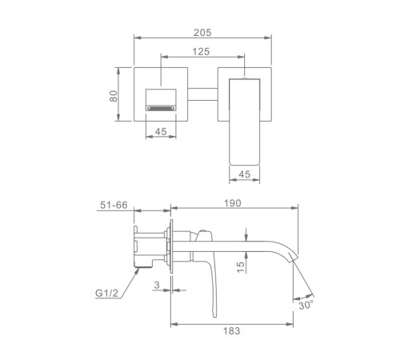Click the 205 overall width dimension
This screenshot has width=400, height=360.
(x=202, y=33)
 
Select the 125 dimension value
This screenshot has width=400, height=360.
(x=201, y=51)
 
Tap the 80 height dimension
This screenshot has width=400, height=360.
(x=114, y=96)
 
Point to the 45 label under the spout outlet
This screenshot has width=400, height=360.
(x=161, y=131)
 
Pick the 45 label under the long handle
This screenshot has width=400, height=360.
(x=245, y=174)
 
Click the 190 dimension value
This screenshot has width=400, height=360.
(x=233, y=203)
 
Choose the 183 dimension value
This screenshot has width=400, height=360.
(x=232, y=331)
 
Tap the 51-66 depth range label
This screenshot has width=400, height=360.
(x=114, y=205)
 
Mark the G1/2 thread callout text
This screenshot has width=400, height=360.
(x=106, y=293)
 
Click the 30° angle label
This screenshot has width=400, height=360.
(x=306, y=305)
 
